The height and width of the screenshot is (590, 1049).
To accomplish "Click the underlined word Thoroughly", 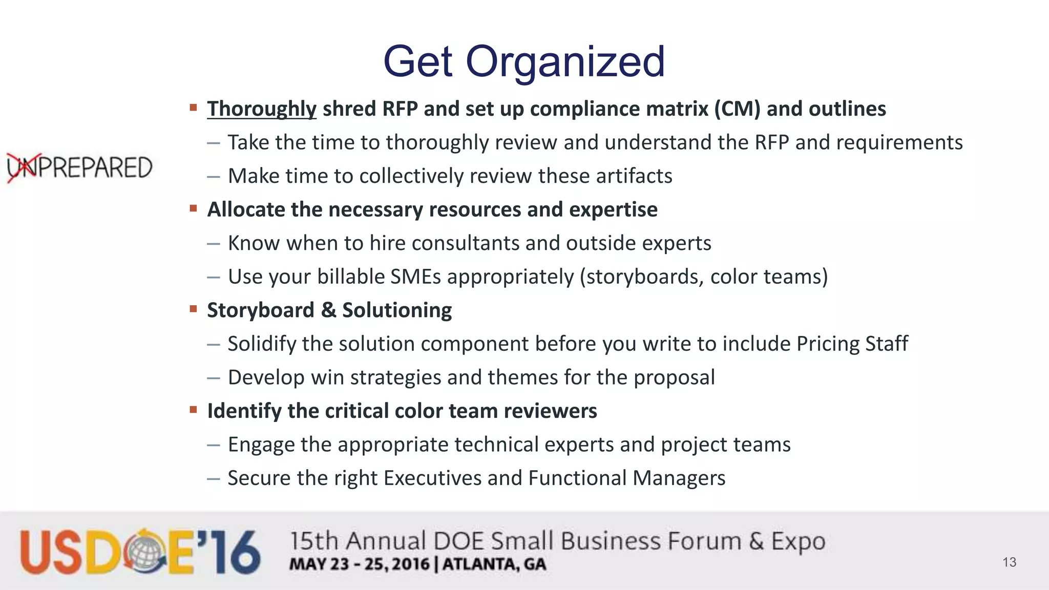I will pyautogui.click(x=262, y=109).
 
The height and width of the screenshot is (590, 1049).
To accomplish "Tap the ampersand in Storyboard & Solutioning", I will pyautogui.click(x=328, y=310).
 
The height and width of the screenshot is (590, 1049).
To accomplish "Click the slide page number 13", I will pyautogui.click(x=1009, y=562).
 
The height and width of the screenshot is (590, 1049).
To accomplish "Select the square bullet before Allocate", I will pyautogui.click(x=193, y=208).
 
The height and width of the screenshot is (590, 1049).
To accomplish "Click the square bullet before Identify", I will pyautogui.click(x=193, y=410).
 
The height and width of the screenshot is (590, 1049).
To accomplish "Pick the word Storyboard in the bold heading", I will pyautogui.click(x=260, y=310).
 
